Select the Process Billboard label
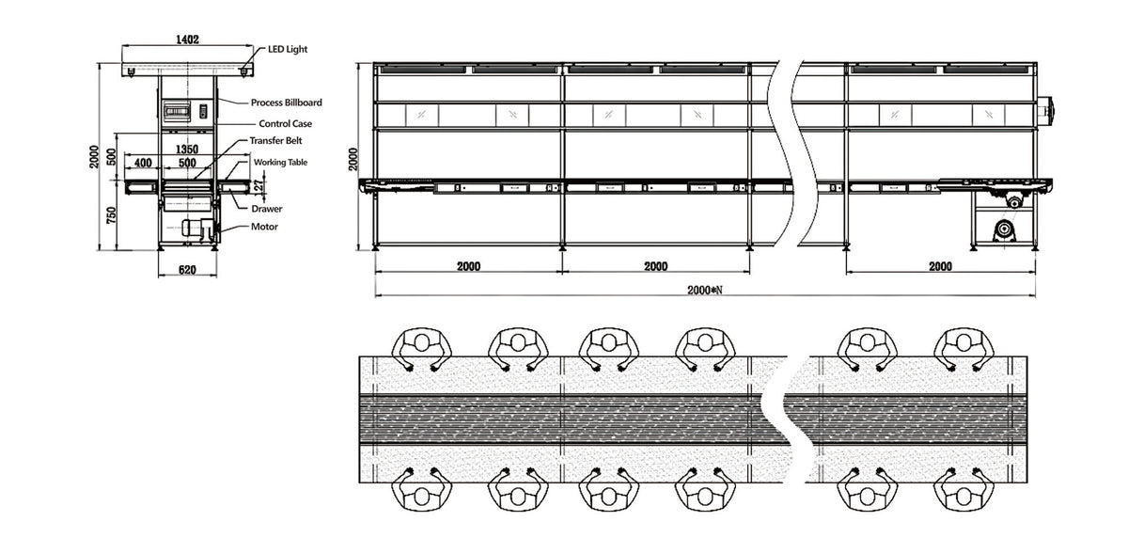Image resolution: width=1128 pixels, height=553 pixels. click(x=287, y=103)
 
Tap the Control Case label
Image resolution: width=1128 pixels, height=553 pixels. click(x=285, y=123)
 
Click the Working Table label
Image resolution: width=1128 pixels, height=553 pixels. click(x=280, y=162)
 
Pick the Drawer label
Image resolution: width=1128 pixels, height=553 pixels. click(x=267, y=208)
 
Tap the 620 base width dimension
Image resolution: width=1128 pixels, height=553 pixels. click(x=186, y=270)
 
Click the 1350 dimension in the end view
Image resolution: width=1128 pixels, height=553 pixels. click(x=187, y=150)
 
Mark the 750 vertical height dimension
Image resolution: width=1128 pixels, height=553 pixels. click(x=111, y=214)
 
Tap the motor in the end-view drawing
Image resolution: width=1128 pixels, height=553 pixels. click(x=198, y=228)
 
